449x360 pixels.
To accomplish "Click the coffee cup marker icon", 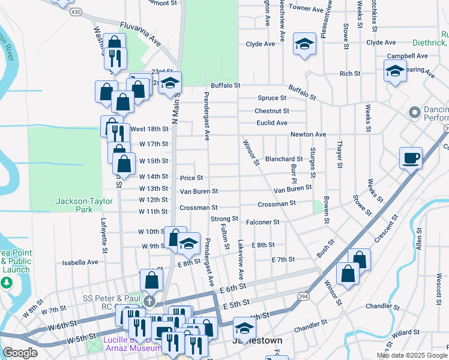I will [x=411, y=158].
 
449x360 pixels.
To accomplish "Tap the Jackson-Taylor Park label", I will [x=76, y=205].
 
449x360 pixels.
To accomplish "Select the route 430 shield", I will [x=76, y=11].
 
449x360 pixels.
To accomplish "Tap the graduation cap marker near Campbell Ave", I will [x=394, y=71].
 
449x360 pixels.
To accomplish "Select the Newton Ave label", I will [x=308, y=135].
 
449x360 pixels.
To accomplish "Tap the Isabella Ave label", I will [x=80, y=262].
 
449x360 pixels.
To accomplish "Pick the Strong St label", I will [x=224, y=219].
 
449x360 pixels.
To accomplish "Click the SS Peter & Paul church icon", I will [x=149, y=301].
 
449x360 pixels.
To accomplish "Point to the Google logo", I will [x=20, y=353].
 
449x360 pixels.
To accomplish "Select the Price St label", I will [x=191, y=178].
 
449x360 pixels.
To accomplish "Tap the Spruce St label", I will [x=272, y=98].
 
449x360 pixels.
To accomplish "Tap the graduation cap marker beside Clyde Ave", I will [x=305, y=44].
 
